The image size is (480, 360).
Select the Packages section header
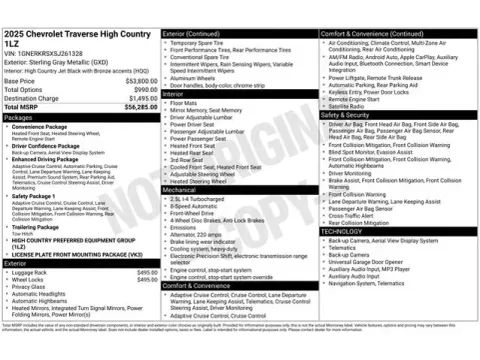(21, 117)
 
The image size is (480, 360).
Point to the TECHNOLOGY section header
(344, 231)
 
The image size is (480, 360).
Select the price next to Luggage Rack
(147, 272)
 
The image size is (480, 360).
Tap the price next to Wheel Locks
(147, 279)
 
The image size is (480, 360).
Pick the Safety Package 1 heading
(35, 196)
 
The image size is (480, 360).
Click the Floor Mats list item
(184, 102)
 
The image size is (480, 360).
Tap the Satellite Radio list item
(346, 106)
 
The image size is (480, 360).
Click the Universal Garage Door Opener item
(370, 261)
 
